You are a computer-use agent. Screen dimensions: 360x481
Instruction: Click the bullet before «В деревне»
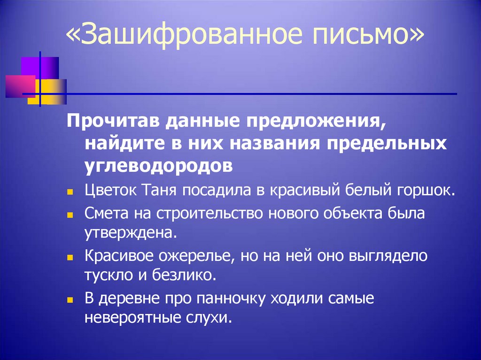(x=70, y=299)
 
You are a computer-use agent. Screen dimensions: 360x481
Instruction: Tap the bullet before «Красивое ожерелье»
(x=70, y=257)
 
